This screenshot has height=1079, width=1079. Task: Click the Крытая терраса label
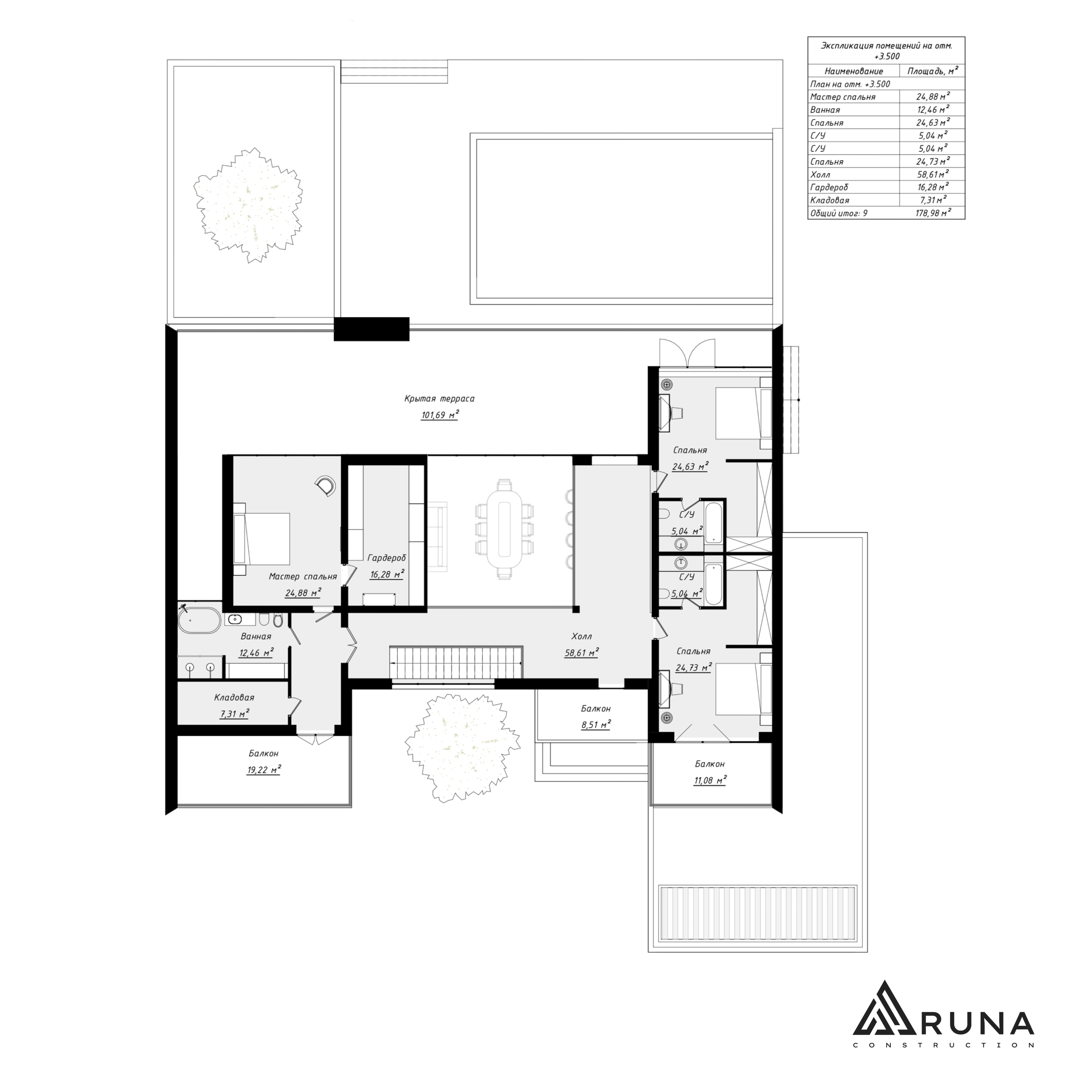[x=439, y=399]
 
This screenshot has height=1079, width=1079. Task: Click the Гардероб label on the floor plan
[x=387, y=558]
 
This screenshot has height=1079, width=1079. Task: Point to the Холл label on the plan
[x=581, y=636]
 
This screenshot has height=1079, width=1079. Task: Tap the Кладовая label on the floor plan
[x=234, y=697]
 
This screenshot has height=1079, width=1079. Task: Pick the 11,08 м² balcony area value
[x=710, y=780]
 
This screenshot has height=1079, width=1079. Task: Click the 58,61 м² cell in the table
[x=932, y=174]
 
